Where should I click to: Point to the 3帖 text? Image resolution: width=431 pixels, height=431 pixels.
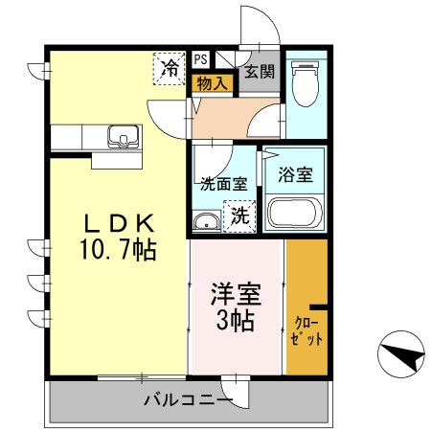[234, 320]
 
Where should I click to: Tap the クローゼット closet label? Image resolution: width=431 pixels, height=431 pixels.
[307, 330]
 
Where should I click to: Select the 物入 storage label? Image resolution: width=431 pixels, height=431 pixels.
[212, 84]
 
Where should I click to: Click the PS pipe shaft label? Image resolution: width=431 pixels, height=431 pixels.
[200, 58]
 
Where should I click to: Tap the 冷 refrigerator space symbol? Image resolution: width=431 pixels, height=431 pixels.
[170, 68]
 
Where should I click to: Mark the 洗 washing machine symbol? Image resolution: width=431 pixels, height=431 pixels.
[238, 215]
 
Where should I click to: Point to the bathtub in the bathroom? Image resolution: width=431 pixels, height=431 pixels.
[295, 213]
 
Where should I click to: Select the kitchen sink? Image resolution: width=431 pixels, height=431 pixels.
[123, 137]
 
